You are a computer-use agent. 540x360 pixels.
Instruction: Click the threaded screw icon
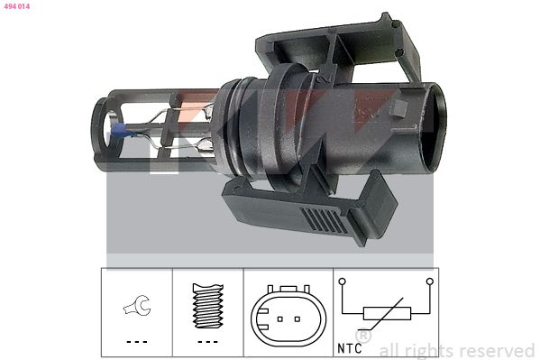click(208, 305)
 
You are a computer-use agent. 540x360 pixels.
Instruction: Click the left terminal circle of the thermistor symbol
click(342, 282)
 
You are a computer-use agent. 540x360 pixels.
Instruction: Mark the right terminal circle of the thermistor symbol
click(432, 282)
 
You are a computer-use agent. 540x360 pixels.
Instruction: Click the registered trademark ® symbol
click(363, 336)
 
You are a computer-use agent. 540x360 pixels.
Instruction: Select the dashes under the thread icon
click(208, 342)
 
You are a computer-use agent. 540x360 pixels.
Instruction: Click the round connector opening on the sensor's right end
click(431, 126)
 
